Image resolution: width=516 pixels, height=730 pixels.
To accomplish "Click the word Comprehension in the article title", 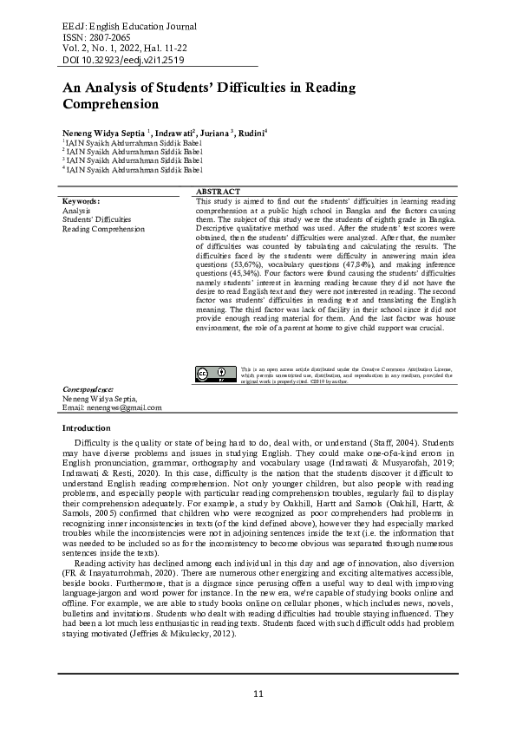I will tap(111, 104).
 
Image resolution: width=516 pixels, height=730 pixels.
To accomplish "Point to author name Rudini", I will tap(252, 132).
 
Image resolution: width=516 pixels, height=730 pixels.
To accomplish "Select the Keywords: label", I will tap(82, 200).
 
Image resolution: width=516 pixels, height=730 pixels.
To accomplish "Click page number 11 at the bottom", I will tap(258, 694).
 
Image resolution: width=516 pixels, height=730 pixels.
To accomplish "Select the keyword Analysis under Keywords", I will tap(76, 210).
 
